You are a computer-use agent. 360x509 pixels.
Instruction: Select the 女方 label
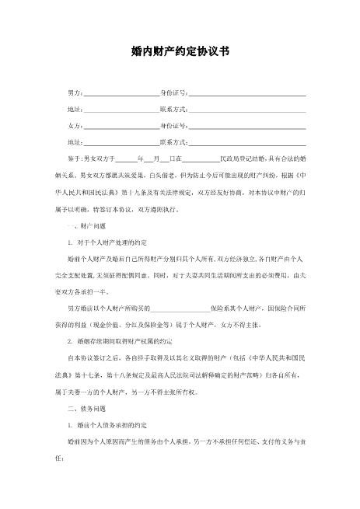point(75,125)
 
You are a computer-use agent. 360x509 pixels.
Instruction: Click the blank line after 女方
point(121,126)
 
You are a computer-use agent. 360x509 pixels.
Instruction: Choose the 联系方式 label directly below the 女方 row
point(173,142)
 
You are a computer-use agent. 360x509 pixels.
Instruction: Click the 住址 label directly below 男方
point(75,109)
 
